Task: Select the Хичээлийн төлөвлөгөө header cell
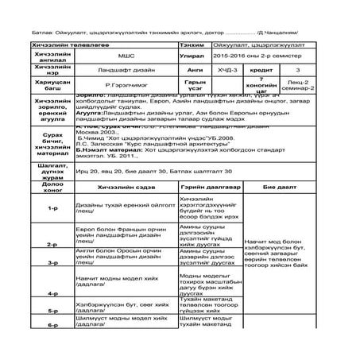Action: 60,23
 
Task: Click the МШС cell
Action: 126,35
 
